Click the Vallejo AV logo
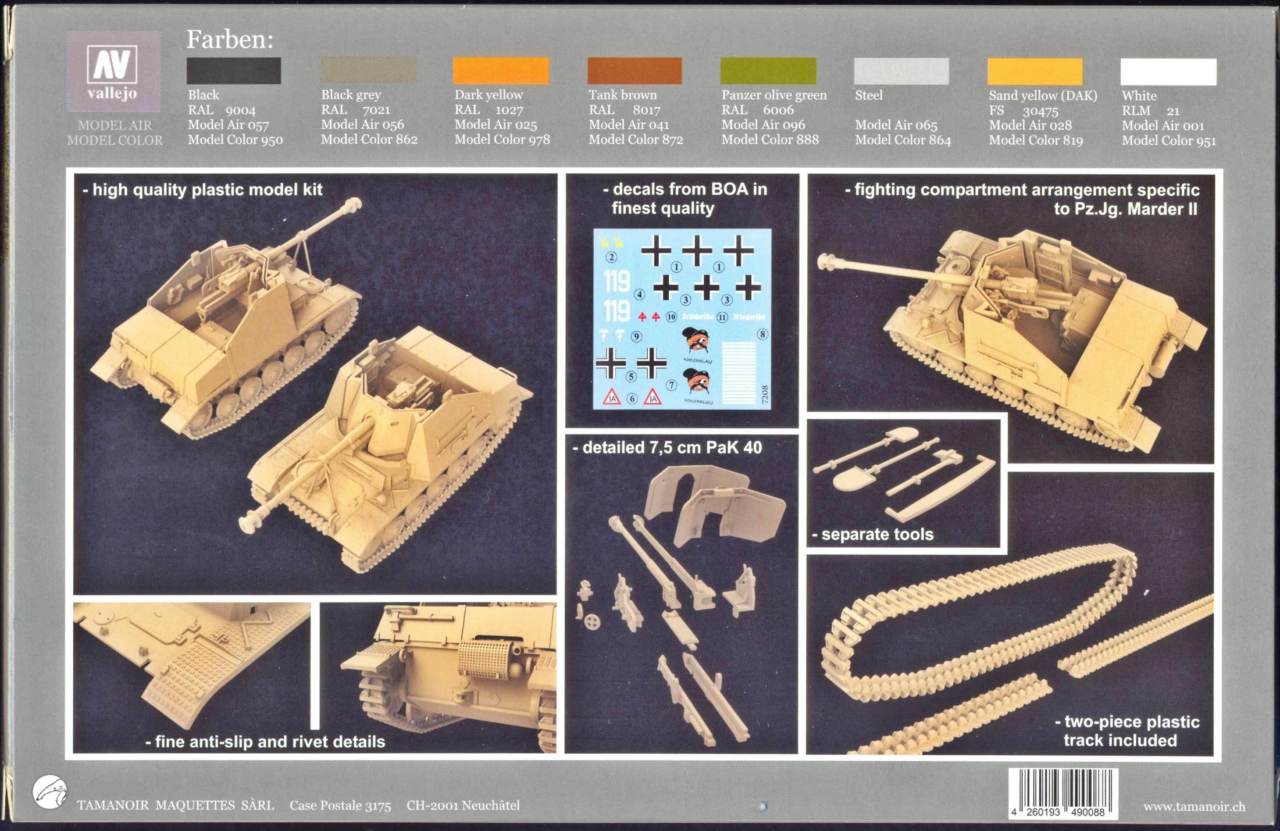point(114,71)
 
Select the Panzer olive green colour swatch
point(768,71)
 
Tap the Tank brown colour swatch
point(635,71)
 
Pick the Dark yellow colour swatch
point(501,71)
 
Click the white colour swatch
point(1168,71)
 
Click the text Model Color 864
point(903,140)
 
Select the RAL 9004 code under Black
point(221,110)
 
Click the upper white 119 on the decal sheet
point(617,281)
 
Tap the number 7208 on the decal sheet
point(765,395)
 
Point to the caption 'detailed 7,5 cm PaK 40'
point(667,447)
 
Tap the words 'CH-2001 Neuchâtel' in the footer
point(463,805)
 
